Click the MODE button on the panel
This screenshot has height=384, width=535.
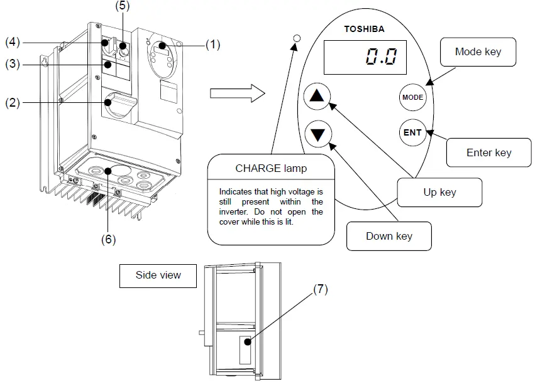[x=412, y=97]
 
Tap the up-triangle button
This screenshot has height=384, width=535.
[x=317, y=96]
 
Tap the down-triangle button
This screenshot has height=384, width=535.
[x=318, y=134]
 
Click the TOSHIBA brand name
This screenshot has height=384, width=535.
[x=364, y=29]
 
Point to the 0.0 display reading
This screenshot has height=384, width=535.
[x=382, y=56]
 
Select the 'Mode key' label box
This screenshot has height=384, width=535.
[x=478, y=51]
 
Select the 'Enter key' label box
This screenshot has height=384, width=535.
[x=489, y=152]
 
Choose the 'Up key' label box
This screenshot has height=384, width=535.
[x=440, y=193]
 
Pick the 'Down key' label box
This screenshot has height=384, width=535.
[x=389, y=237]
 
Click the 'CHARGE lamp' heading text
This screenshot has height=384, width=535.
[x=271, y=168]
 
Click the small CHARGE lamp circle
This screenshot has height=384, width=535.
[x=297, y=38]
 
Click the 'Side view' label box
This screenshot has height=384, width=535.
[x=158, y=275]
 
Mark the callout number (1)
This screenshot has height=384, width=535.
[x=212, y=45]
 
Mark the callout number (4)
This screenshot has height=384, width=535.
[x=13, y=42]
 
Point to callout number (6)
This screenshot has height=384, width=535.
[x=109, y=239]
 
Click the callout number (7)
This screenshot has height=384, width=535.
[x=321, y=289]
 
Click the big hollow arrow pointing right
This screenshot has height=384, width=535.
[x=238, y=93]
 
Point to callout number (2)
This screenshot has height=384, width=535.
[x=13, y=102]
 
